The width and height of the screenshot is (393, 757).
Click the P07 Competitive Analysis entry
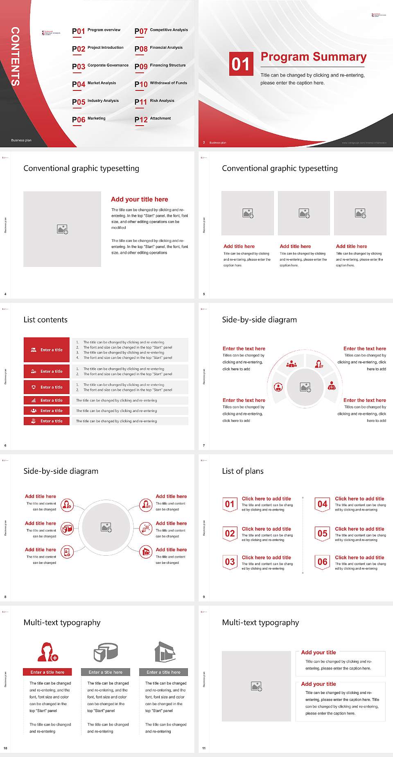[161, 31]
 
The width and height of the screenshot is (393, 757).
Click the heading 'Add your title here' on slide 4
[139, 199]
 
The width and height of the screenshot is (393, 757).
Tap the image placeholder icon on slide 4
[62, 229]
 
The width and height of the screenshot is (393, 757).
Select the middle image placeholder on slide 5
[304, 213]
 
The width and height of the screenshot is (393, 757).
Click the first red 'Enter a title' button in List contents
[47, 350]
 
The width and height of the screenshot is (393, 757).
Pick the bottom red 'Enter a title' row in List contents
[47, 421]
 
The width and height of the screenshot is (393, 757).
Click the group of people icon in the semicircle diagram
[291, 363]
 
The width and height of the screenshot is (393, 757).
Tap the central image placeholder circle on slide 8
[106, 527]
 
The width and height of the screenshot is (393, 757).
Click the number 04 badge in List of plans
[322, 504]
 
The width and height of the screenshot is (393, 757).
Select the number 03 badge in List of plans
[230, 562]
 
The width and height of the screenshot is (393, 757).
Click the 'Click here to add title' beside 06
[359, 557]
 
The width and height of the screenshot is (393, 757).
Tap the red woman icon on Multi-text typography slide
[47, 652]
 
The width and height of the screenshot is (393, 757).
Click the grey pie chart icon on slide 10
[106, 652]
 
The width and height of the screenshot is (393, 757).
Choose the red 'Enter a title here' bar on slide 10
[47, 672]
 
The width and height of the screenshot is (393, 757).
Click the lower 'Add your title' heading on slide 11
[318, 684]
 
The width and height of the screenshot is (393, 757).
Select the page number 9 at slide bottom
[204, 597]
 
